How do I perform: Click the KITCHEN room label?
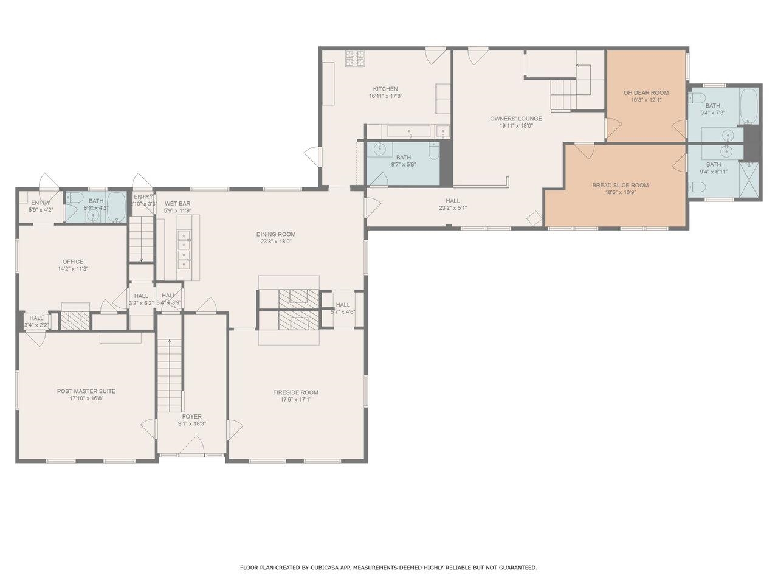(385, 89)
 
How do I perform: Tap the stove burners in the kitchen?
(356, 58)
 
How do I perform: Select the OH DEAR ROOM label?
(645, 93)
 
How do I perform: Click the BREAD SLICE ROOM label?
(620, 186)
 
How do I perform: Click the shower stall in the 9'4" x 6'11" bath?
(751, 179)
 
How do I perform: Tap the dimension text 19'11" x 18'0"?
(516, 127)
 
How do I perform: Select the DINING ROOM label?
(275, 234)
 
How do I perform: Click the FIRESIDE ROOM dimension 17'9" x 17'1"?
(295, 400)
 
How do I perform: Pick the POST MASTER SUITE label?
(86, 391)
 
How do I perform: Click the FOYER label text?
(192, 417)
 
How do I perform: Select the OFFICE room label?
(73, 262)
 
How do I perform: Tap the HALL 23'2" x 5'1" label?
(452, 201)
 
